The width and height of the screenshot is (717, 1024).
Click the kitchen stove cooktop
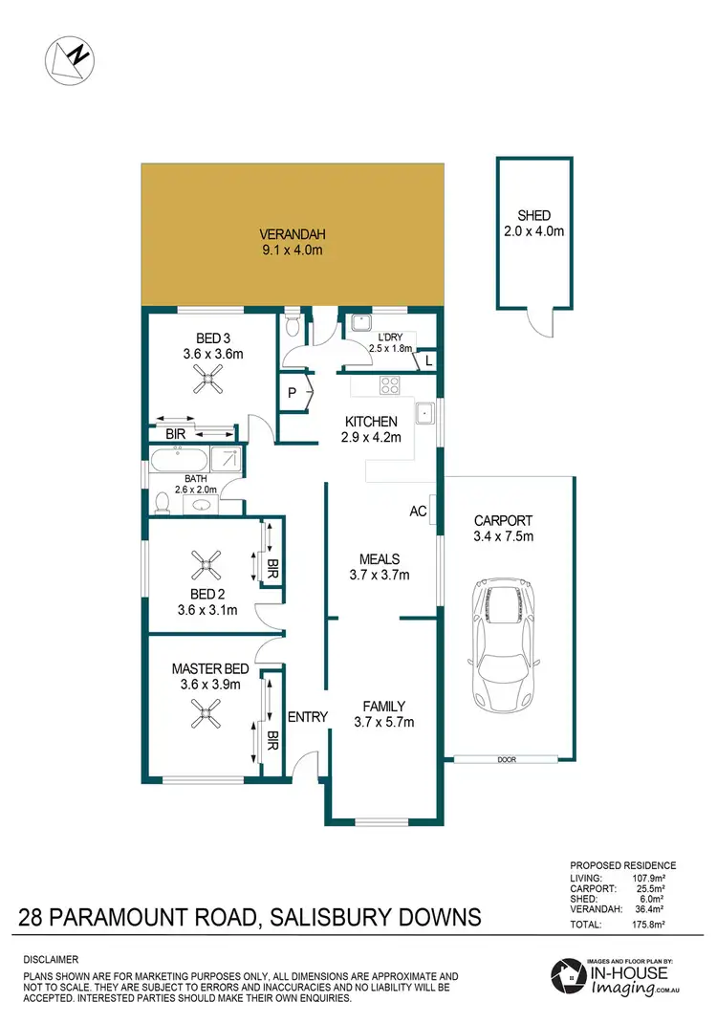coord(391,385)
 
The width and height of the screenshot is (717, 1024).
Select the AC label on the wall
coord(417,511)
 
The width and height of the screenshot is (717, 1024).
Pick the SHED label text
coord(534,215)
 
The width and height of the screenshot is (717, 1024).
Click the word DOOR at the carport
coord(507,760)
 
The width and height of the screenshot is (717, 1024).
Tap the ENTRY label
coord(307,717)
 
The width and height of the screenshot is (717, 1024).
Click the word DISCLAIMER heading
coord(51,959)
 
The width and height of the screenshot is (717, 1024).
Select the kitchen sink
coord(425,414)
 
